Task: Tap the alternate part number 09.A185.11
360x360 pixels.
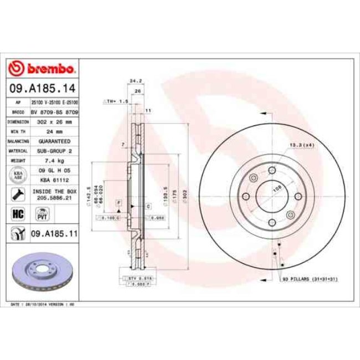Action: coord(54,234)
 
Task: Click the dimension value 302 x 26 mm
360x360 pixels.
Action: coord(53,121)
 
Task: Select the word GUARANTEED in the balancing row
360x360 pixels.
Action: coord(53,141)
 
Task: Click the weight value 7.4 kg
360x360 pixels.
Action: coord(53,161)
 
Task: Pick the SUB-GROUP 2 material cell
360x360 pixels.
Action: coord(53,151)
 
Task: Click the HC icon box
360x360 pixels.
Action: coord(17,213)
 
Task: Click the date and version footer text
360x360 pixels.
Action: coord(43,305)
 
